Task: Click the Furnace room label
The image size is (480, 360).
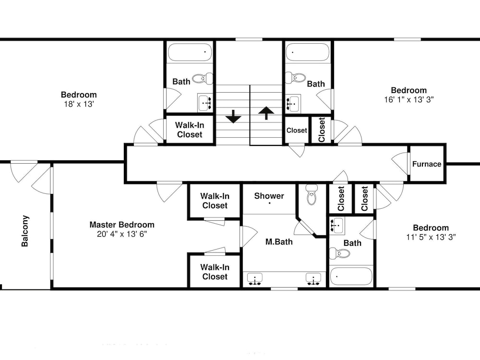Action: tap(426, 164)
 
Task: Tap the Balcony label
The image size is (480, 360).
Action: tap(25, 231)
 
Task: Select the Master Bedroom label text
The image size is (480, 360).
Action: tap(122, 225)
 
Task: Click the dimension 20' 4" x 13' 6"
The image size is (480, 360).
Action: tap(122, 234)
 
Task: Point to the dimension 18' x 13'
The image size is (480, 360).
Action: tap(79, 104)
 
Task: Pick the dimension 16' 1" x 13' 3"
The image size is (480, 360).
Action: tap(408, 99)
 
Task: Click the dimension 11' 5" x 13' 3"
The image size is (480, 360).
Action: tap(431, 237)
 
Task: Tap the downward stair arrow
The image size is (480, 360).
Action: tap(234, 116)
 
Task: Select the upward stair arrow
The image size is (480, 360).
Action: tap(266, 113)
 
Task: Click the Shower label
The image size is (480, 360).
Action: tap(269, 196)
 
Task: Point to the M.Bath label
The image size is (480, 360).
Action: tap(279, 242)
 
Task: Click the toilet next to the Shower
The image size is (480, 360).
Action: tap(312, 194)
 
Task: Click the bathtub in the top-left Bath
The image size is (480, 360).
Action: tap(190, 52)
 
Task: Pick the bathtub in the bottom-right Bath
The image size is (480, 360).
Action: tap(351, 276)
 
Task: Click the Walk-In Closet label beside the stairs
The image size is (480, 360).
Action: tap(190, 130)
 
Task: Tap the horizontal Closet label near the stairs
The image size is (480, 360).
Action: tap(297, 131)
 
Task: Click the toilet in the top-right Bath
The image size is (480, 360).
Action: tap(295, 77)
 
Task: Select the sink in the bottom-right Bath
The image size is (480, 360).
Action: tap(337, 225)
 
